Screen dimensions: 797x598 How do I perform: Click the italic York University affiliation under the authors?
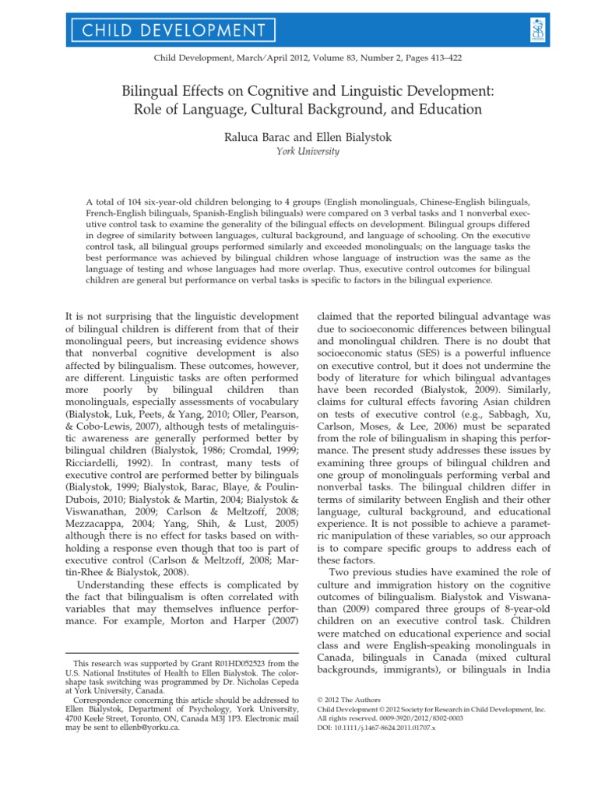298,152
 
